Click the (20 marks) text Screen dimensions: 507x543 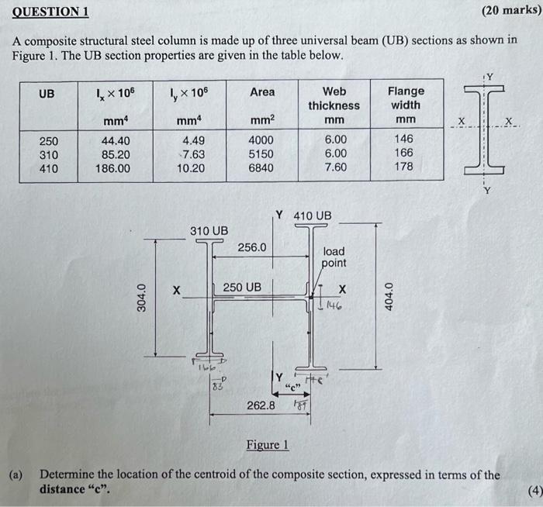pos(510,11)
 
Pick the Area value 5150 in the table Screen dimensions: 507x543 pos(261,154)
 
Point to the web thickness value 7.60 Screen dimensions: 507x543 pos(334,167)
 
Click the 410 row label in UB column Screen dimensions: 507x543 pos(48,167)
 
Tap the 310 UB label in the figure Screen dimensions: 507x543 pos(209,231)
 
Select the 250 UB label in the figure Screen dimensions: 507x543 pos(242,288)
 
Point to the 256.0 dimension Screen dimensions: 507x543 pos(252,247)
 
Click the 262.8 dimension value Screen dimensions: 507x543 pos(261,405)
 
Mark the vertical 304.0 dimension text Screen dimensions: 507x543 pos(142,298)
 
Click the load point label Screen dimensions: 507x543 pos(335,257)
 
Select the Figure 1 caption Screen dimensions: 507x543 pos(267,445)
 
